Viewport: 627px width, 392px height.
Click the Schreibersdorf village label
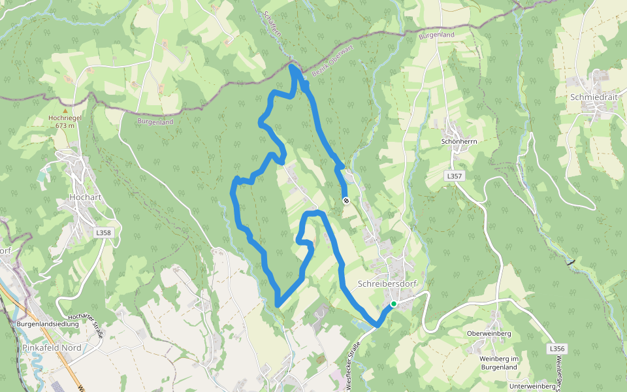387,284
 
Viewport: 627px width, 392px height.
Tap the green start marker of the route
394,304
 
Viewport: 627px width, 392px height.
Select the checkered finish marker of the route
346,201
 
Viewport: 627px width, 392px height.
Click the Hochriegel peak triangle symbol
65,101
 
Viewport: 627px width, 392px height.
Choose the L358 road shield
103,232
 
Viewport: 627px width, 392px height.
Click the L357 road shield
455,176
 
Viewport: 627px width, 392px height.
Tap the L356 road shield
556,349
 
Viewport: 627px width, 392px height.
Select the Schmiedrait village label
594,97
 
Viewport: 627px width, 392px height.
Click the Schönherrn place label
460,141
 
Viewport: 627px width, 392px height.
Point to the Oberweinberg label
489,334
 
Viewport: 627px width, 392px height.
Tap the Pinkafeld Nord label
52,348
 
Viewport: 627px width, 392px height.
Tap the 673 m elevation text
65,126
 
